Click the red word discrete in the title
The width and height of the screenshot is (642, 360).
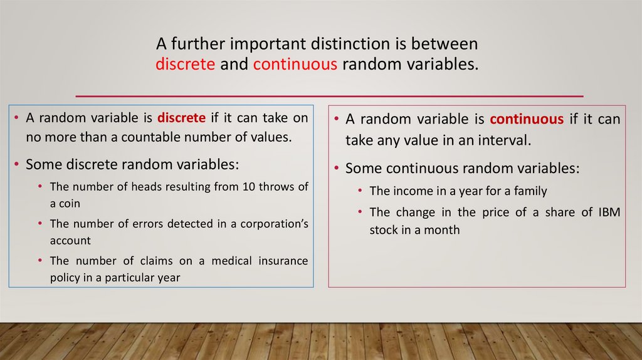[x=185, y=64]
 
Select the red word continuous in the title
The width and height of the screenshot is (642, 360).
[x=295, y=64]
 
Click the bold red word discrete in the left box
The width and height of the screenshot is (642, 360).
[x=181, y=118]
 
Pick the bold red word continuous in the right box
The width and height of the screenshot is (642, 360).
[x=527, y=119]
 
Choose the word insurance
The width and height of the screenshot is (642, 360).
[x=283, y=261]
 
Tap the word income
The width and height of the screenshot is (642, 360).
[x=414, y=191]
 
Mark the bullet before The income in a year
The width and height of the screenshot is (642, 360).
[x=360, y=190]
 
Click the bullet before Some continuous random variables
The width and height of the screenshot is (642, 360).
[x=336, y=167]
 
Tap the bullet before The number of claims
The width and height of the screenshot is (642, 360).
[x=40, y=260]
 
